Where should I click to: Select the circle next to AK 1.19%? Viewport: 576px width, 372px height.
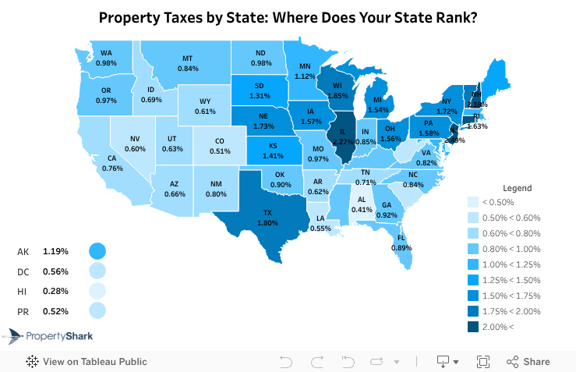(x=97, y=251)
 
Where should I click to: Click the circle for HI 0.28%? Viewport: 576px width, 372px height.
(x=97, y=291)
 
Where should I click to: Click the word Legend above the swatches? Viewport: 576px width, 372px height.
(x=517, y=188)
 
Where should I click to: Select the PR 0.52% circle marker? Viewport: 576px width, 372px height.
(x=97, y=310)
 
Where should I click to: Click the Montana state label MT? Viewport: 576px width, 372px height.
(x=188, y=58)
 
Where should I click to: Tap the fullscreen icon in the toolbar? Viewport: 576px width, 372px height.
(x=482, y=362)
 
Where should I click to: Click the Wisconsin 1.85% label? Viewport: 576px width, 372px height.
(x=337, y=90)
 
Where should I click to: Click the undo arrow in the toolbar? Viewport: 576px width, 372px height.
(x=285, y=362)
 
